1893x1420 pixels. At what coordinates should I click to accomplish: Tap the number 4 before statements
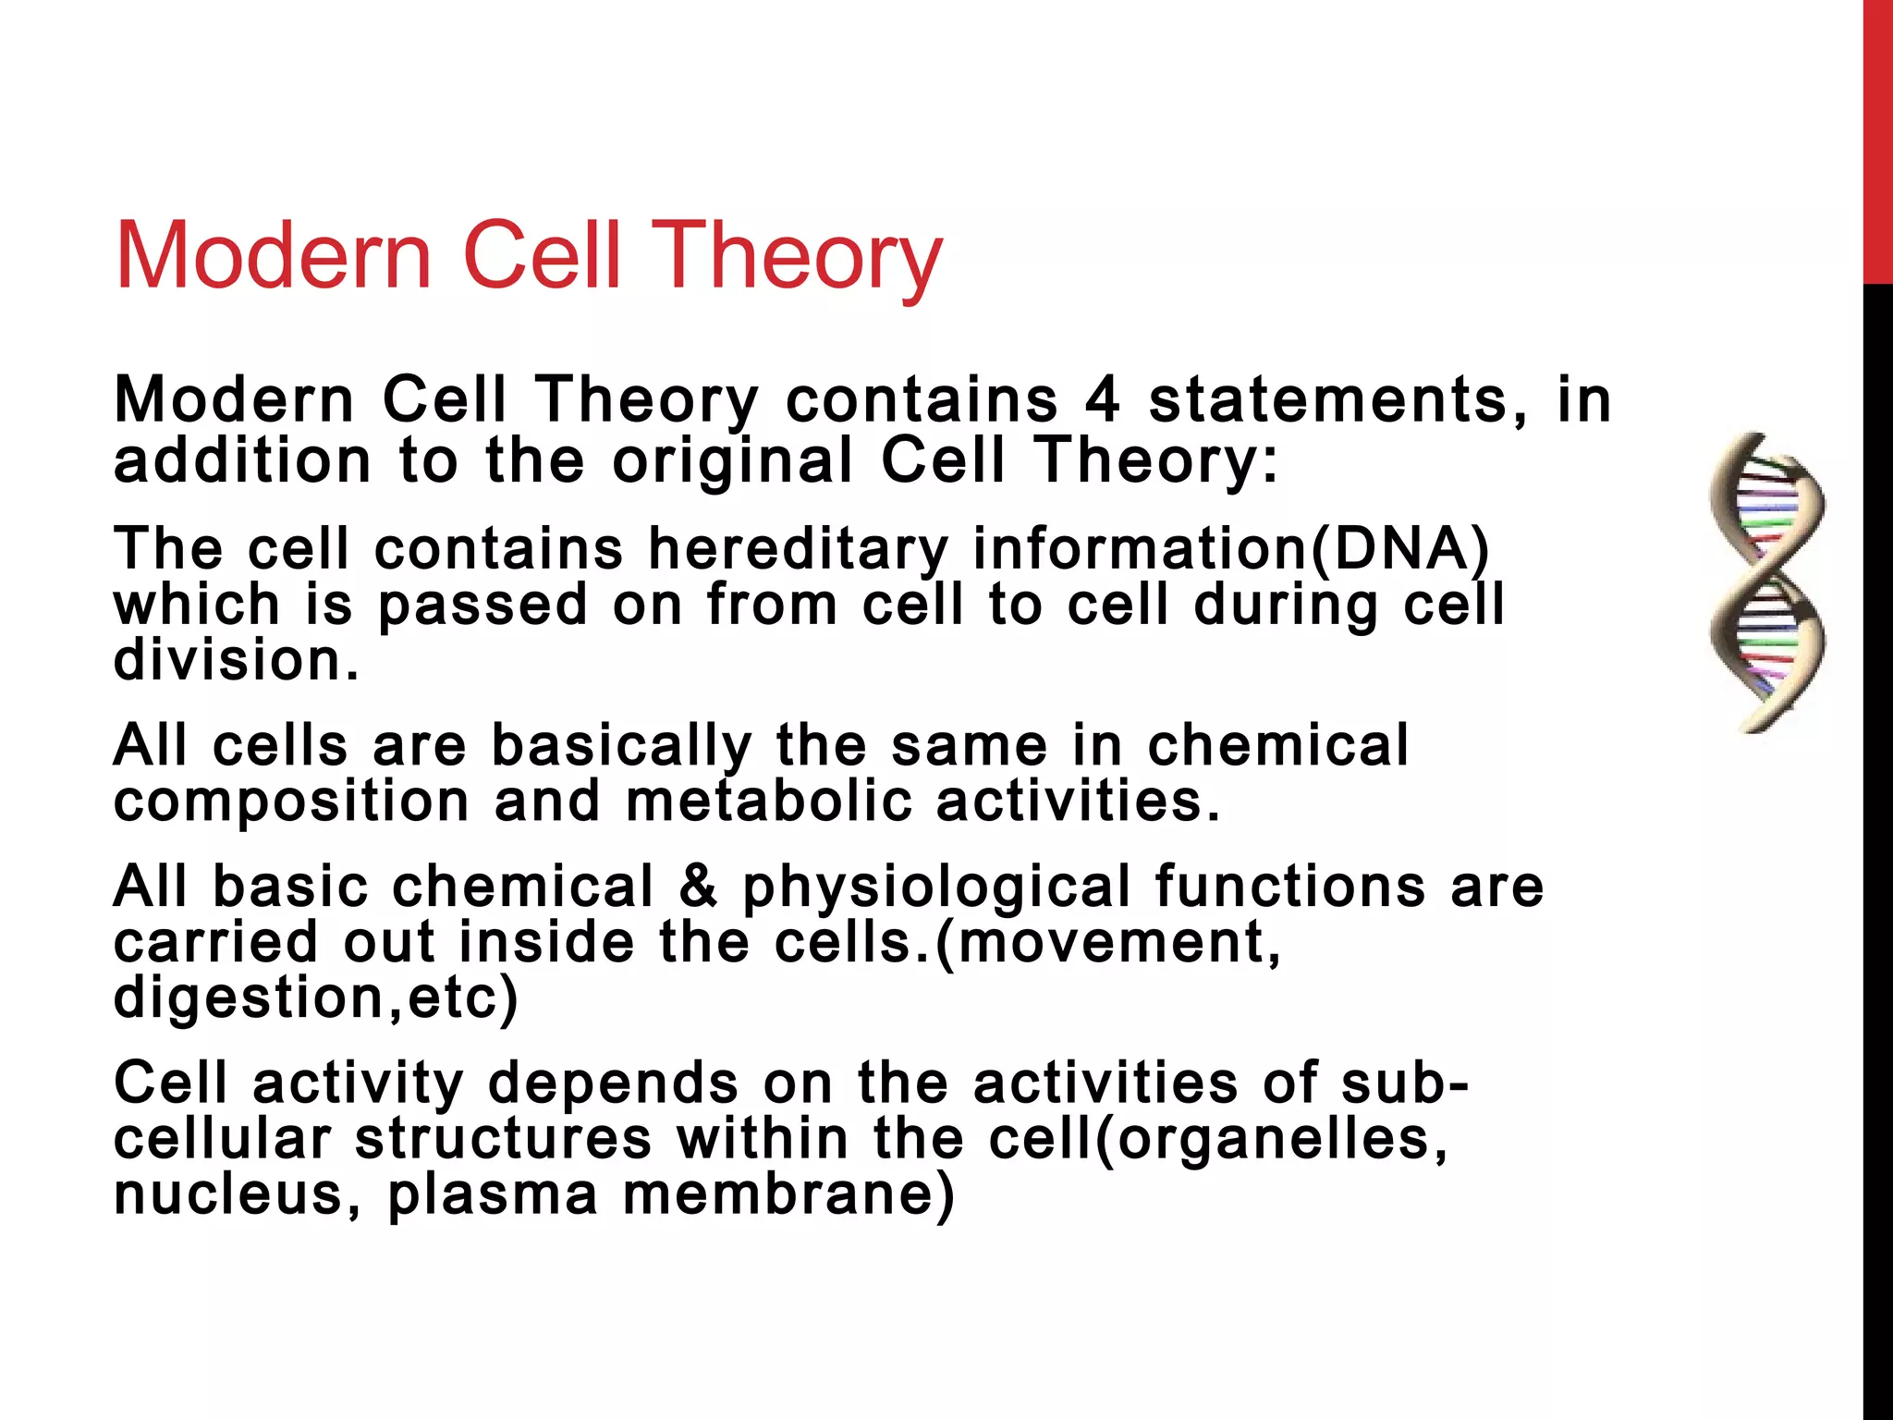1102,400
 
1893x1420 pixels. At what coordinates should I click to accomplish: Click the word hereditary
798,549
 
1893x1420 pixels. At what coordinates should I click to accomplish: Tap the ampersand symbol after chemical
698,886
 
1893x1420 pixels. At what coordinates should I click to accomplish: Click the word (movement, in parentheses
1109,942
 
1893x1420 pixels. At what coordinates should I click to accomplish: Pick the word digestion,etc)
315,998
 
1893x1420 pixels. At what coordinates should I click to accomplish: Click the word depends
613,1083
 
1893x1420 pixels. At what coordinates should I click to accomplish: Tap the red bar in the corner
1877,139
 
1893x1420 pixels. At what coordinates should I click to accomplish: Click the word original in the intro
733,460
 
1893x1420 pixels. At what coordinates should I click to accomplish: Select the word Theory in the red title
800,257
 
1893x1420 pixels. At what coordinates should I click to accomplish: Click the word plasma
493,1195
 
